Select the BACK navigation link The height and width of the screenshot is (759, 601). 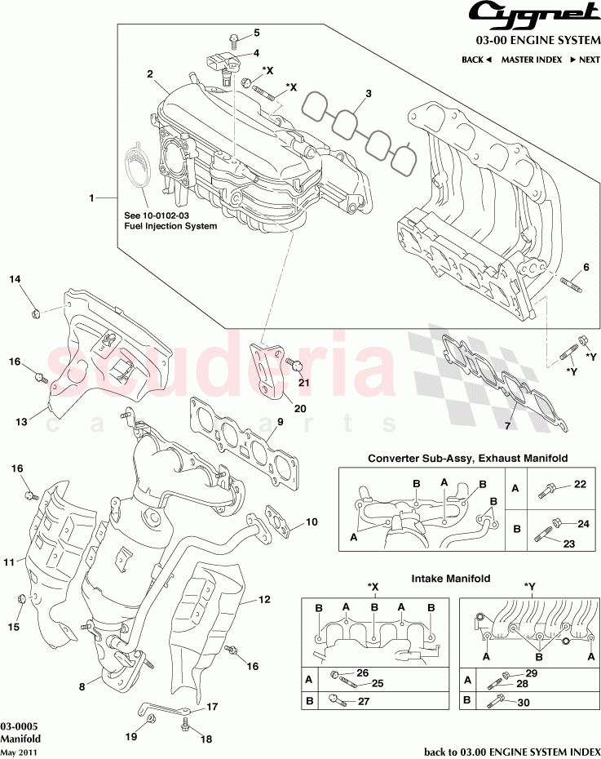[476, 60]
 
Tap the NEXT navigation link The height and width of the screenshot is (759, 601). [585, 60]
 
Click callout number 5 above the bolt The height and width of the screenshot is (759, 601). [256, 33]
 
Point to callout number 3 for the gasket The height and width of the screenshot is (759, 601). [368, 94]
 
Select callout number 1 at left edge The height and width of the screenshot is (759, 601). [91, 198]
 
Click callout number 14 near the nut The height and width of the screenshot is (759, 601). [15, 280]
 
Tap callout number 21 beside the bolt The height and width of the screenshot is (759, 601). [303, 382]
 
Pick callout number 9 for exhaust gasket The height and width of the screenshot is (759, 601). [279, 422]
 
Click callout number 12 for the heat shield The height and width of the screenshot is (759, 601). [264, 600]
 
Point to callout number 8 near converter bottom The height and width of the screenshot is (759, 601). [82, 687]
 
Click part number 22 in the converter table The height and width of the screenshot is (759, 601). [580, 484]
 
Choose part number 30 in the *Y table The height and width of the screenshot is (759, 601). [523, 701]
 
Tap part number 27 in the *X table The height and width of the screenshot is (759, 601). [364, 699]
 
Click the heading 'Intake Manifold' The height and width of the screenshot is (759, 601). [450, 579]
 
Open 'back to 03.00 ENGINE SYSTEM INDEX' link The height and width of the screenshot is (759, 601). [512, 752]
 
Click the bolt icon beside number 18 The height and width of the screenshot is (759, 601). [187, 724]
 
